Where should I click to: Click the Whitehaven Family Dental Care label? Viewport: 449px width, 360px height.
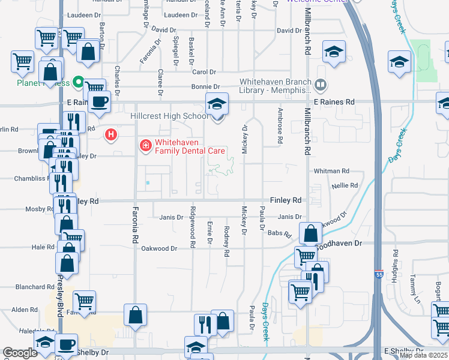point(190,146)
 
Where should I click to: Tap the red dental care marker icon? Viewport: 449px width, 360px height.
point(145,145)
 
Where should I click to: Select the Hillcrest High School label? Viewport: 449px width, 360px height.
point(170,116)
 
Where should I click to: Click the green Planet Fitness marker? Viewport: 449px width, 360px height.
point(77,82)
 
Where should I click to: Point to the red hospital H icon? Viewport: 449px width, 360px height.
point(110,135)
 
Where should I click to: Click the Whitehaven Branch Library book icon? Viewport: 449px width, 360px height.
point(320,85)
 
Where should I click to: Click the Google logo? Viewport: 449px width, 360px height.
point(20,353)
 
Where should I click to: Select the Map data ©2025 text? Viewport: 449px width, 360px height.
point(423,355)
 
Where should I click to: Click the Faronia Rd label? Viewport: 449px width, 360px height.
point(136,226)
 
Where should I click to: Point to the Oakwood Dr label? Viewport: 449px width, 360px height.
point(159,248)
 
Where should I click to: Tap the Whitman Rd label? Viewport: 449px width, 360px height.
point(327,171)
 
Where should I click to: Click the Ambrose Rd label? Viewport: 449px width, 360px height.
point(280,126)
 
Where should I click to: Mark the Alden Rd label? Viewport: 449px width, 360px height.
point(25,310)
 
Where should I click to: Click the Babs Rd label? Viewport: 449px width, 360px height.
point(279,233)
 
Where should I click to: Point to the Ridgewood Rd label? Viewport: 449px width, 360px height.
point(193,227)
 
